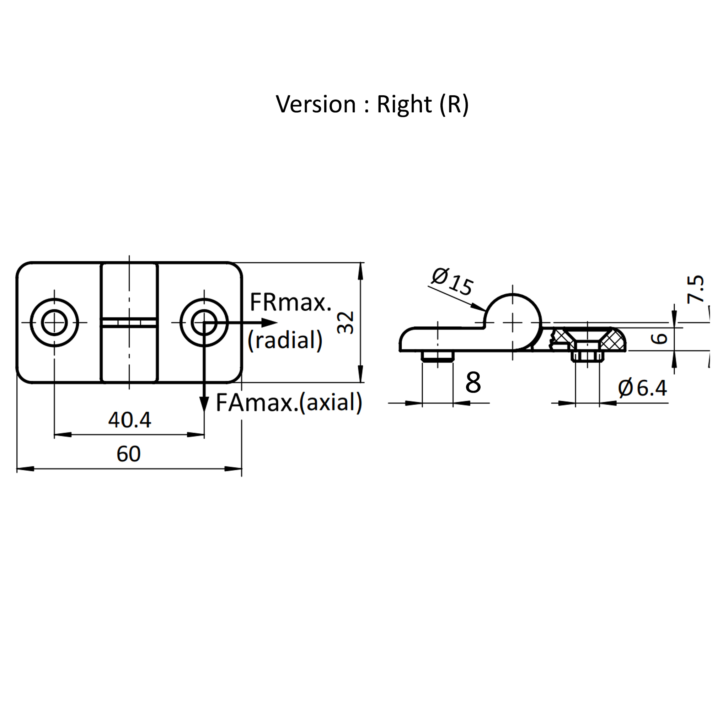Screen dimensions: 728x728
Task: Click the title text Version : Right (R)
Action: pyautogui.click(x=372, y=104)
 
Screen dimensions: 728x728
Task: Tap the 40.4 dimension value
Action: pyautogui.click(x=130, y=420)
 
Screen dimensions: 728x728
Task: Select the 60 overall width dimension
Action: pyautogui.click(x=128, y=454)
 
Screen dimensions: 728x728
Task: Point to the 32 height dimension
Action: pyautogui.click(x=346, y=322)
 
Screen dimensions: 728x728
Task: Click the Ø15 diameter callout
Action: pyautogui.click(x=452, y=282)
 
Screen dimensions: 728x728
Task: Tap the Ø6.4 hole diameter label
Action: pyautogui.click(x=642, y=388)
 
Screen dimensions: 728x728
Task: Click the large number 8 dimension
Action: pyautogui.click(x=473, y=382)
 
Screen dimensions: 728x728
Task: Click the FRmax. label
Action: pyautogui.click(x=290, y=302)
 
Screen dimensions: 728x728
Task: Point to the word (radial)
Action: pyautogui.click(x=285, y=340)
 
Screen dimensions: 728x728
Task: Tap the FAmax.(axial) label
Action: pyautogui.click(x=289, y=402)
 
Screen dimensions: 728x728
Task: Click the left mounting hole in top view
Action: pyautogui.click(x=54, y=322)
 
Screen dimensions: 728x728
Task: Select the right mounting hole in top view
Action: pyautogui.click(x=204, y=322)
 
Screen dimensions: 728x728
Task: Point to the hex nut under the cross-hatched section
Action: pyautogui.click(x=587, y=357)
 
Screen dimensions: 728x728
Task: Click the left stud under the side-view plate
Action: pyautogui.click(x=438, y=357)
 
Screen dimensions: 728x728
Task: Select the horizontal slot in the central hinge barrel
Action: pyautogui.click(x=129, y=323)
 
